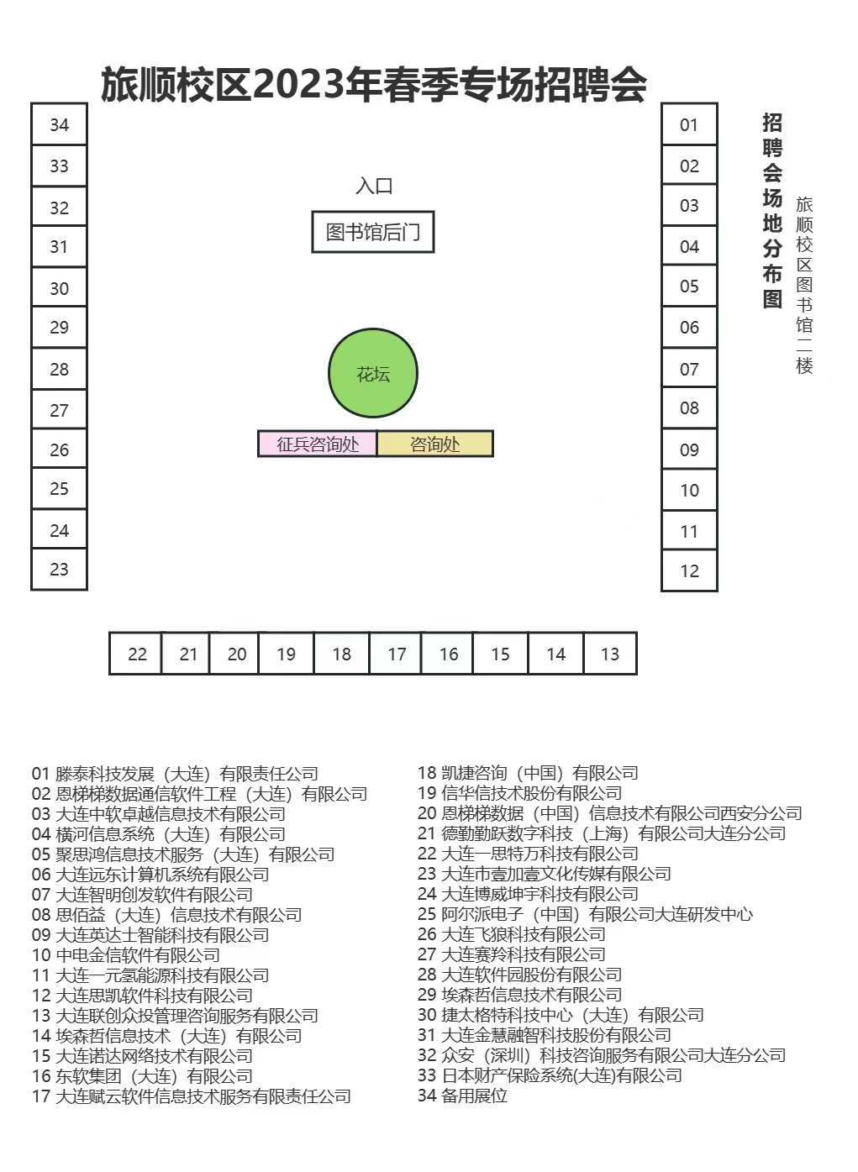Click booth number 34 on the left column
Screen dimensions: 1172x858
[59, 124]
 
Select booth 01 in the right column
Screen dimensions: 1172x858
[689, 124]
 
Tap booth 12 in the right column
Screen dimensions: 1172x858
[689, 570]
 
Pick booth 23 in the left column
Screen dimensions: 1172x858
[59, 569]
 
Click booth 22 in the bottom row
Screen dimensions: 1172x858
[137, 654]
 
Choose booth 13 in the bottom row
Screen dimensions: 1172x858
[610, 654]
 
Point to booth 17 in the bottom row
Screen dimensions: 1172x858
[397, 654]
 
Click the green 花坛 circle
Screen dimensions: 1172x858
[373, 373]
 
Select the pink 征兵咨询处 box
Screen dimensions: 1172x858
[318, 444]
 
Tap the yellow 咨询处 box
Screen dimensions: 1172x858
[434, 444]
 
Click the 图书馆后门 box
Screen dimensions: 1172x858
[373, 232]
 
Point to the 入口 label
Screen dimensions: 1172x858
[374, 186]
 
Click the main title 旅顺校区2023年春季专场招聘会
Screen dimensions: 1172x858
[374, 84]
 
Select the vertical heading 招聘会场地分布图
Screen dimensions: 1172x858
[772, 210]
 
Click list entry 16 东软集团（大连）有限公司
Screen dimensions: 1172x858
[142, 1076]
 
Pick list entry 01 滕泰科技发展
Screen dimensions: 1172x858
[175, 774]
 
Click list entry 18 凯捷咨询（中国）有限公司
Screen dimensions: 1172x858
[528, 773]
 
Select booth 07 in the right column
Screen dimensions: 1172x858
[689, 368]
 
